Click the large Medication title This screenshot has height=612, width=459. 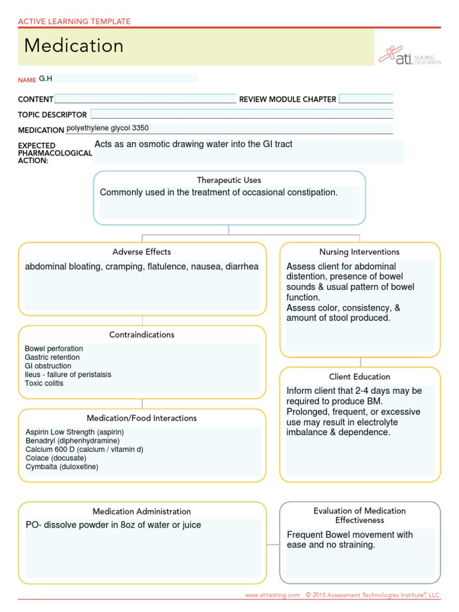click(x=74, y=46)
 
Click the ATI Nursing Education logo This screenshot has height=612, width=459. click(x=409, y=56)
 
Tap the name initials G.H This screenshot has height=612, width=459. click(x=46, y=78)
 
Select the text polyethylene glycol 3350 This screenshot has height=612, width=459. click(x=108, y=128)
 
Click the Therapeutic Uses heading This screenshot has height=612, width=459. click(x=229, y=180)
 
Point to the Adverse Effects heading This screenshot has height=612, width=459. click(x=142, y=252)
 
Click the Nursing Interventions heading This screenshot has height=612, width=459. click(x=359, y=252)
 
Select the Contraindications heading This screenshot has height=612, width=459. click(x=142, y=335)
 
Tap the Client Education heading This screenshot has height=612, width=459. click(x=359, y=377)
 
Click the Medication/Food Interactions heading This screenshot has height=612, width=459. click(x=142, y=418)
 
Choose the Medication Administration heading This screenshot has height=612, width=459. click(x=142, y=512)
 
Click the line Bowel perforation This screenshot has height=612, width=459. click(x=54, y=348)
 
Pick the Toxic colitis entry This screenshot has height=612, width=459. click(x=44, y=383)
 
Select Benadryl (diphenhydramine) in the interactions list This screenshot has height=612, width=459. click(x=73, y=440)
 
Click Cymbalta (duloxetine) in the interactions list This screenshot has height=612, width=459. click(x=62, y=467)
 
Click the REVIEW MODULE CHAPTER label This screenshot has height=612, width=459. click(x=287, y=99)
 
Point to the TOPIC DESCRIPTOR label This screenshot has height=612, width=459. click(x=53, y=114)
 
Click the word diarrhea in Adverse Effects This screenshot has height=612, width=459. click(x=241, y=267)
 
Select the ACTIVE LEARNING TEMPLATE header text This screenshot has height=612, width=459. click(x=74, y=22)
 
